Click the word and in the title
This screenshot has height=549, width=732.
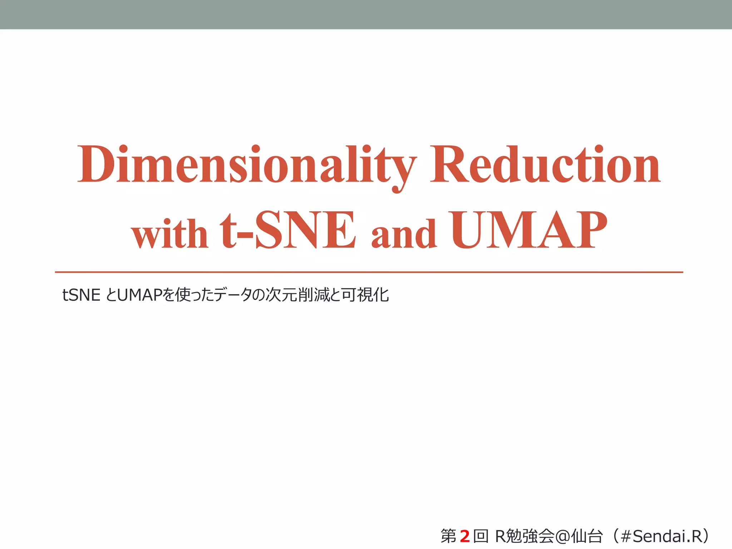(x=404, y=234)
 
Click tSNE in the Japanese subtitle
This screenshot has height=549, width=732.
(x=81, y=295)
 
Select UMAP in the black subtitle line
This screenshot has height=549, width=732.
(x=139, y=295)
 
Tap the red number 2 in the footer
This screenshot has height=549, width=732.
(x=464, y=536)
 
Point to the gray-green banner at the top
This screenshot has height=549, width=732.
(x=366, y=14)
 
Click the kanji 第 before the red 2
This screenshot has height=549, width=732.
(x=449, y=536)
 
